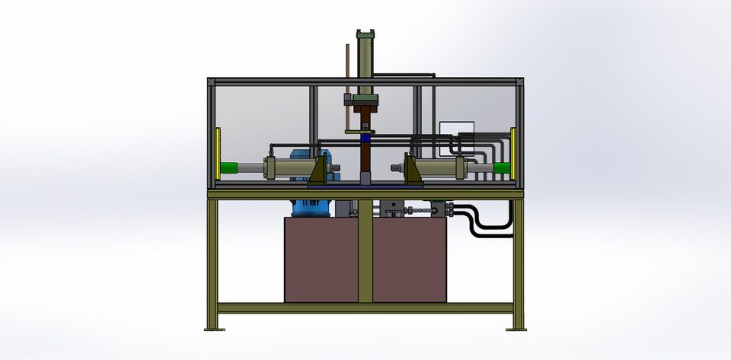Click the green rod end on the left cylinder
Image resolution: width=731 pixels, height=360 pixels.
coord(229,168)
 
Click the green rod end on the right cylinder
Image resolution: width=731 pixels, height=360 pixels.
coord(500,168)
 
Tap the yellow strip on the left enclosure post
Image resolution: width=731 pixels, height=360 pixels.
coord(219,153)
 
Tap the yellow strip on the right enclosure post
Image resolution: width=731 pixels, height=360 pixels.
coord(513,153)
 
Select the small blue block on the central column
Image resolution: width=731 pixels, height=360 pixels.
coord(366,138)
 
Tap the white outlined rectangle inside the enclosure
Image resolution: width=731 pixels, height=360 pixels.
coord(456,131)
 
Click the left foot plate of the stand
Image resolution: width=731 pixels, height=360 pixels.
coord(215,329)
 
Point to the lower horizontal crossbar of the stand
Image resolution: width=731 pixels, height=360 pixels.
coord(365,308)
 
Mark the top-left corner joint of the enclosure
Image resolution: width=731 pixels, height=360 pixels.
coord(211,81)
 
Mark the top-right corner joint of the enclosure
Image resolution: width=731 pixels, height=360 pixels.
coord(520,81)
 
